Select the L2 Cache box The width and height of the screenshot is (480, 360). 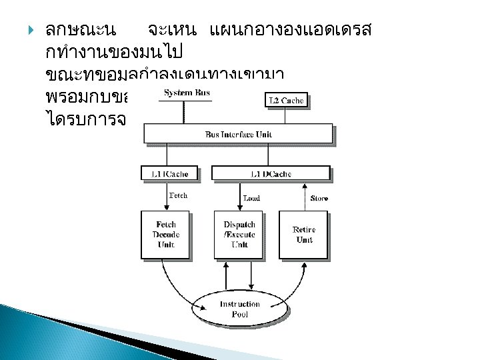pyautogui.click(x=286, y=101)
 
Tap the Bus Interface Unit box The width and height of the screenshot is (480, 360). pyautogui.click(x=239, y=134)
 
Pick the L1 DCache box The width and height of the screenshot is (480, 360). pyautogui.click(x=270, y=174)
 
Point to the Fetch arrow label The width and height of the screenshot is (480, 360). pyautogui.click(x=177, y=196)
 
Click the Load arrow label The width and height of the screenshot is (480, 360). pyautogui.click(x=251, y=198)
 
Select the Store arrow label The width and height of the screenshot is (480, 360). pyautogui.click(x=319, y=198)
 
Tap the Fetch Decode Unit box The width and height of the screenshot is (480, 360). pyautogui.click(x=165, y=234)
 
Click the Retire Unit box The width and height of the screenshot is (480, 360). pyautogui.click(x=303, y=234)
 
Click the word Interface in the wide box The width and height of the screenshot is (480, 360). pyautogui.click(x=239, y=134)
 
